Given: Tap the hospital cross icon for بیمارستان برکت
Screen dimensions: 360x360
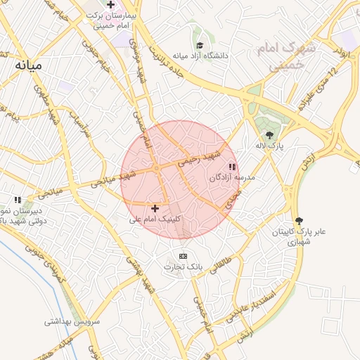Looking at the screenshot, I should coord(110,4).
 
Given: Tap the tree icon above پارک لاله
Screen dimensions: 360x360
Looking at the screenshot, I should coord(269,134).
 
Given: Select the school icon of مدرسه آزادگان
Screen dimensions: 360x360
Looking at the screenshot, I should coord(232,167).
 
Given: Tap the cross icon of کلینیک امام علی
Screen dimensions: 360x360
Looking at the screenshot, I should coord(155,208).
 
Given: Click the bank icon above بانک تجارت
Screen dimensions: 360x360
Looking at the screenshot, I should coord(184,256).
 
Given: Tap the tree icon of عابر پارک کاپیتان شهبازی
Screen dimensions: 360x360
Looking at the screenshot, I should coord(300,221).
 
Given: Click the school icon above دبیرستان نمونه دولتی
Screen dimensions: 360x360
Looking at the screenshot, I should coord(18,200).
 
